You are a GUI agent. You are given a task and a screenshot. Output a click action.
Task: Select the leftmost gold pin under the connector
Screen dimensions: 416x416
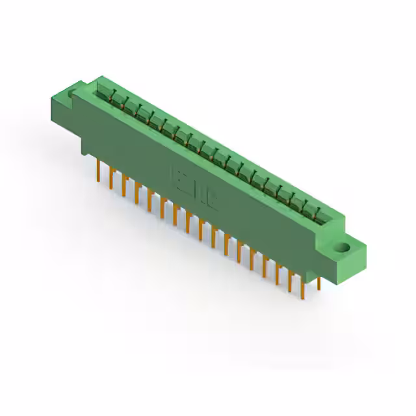point(99,170)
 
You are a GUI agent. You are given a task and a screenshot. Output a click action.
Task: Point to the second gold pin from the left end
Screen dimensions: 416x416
point(111,178)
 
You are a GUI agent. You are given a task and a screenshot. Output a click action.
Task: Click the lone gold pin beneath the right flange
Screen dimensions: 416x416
point(319,281)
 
